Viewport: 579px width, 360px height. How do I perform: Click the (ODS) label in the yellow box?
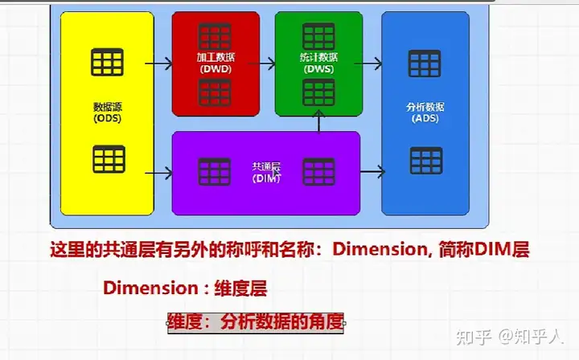[x=107, y=118]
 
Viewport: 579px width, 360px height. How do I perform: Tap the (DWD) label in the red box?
[x=216, y=69]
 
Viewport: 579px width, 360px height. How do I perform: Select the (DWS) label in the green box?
[x=318, y=69]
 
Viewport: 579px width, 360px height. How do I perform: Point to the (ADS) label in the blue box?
[x=425, y=118]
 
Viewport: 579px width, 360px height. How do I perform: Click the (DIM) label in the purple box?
[x=265, y=178]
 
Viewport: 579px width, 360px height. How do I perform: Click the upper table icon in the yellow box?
[x=107, y=61]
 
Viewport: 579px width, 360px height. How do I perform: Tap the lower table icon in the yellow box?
[x=109, y=159]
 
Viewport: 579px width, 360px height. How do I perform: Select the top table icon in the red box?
[x=215, y=35]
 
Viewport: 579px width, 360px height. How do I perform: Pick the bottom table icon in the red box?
[x=215, y=91]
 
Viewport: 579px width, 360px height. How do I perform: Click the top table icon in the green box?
[x=318, y=35]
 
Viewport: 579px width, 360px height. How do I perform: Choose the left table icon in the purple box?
[x=215, y=171]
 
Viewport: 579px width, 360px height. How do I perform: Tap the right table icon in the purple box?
[x=318, y=171]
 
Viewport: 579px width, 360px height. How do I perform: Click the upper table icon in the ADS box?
[x=425, y=63]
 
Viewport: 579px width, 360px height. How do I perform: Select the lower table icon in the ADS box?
[x=425, y=160]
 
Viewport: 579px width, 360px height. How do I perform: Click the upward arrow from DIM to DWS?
[x=319, y=121]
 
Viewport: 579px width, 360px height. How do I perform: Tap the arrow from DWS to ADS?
[x=371, y=63]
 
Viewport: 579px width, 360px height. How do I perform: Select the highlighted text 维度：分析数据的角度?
[x=256, y=323]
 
